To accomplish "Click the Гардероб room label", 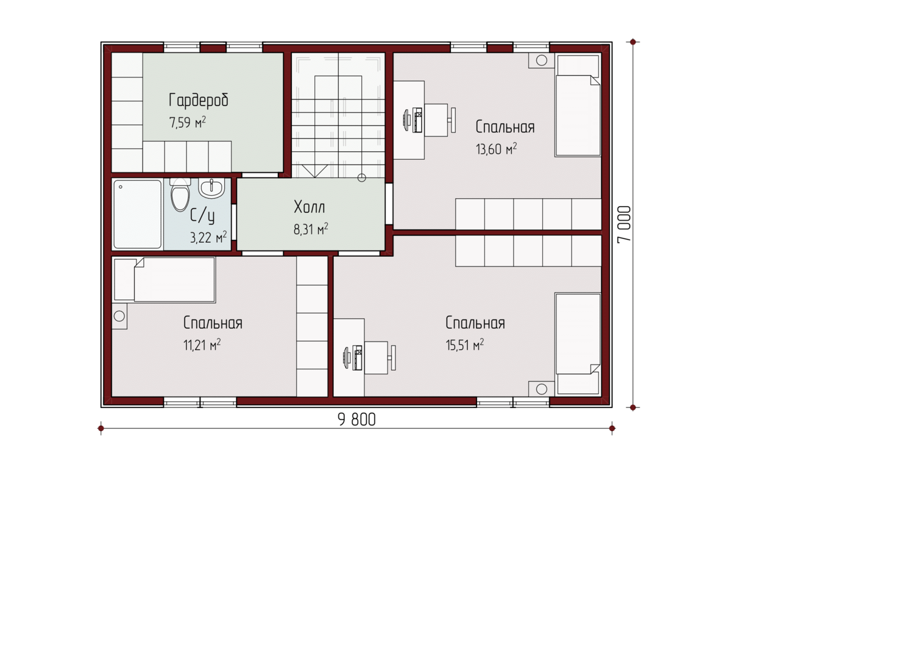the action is coord(198,100).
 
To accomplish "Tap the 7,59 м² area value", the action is coord(187,122).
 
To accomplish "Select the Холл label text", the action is coord(310,207).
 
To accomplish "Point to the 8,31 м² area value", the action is coord(311,229).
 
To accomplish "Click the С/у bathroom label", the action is coord(202,215).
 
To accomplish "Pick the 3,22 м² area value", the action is coord(208,237).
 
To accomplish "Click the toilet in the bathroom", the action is coord(180,195).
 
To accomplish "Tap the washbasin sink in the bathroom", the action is coord(211,188).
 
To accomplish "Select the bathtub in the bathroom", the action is coord(137,214).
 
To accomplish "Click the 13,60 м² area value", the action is coord(496,149).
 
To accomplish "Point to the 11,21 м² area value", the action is coord(202,345).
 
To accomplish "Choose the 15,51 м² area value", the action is coord(465,345).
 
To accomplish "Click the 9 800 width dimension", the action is coord(356,420).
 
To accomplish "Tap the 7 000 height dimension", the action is coord(624,224).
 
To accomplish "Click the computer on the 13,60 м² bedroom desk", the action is coord(413,120).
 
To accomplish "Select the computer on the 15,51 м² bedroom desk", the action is coord(353,358).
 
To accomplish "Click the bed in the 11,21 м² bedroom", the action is coord(164,280).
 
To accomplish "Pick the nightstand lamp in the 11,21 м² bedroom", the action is coord(119,316).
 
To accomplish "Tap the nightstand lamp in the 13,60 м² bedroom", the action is coord(542,60).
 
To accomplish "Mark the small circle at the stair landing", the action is coord(361,177).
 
